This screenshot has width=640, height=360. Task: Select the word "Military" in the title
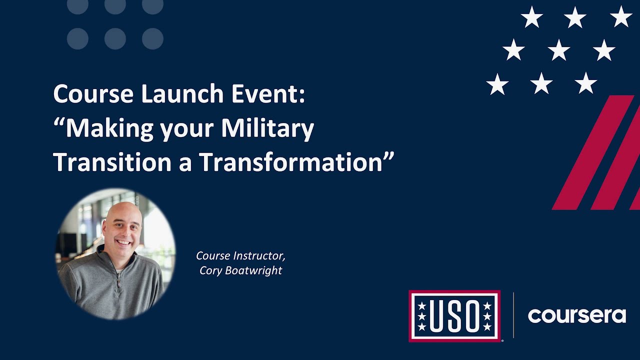point(267,128)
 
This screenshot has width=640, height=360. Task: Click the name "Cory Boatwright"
point(240,270)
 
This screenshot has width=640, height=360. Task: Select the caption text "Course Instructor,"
point(240,255)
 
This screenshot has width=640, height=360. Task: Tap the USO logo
point(454,316)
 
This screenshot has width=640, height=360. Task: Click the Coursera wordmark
point(576,316)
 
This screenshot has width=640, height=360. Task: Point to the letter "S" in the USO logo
point(454,316)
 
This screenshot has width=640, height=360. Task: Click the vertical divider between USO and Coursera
point(513,316)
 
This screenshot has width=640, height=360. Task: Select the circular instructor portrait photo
point(115,254)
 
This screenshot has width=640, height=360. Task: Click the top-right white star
point(620,17)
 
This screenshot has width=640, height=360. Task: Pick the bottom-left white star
point(497,84)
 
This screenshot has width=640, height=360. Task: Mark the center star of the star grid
point(558,50)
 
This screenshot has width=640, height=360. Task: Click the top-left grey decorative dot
point(77,5)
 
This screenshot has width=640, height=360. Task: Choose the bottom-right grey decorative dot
point(152,38)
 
